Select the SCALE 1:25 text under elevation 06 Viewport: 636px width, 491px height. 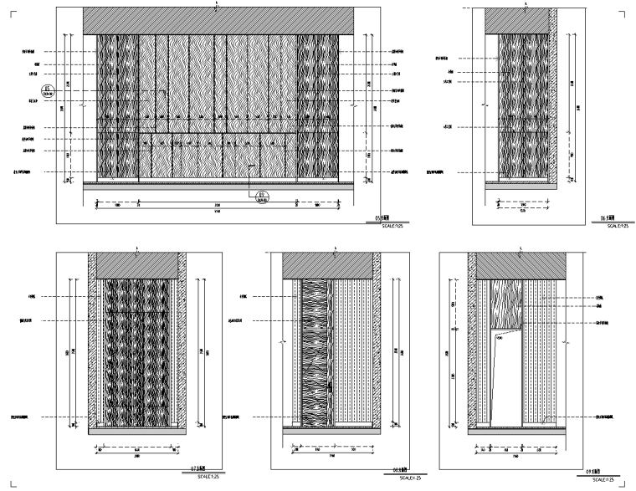tap(616, 226)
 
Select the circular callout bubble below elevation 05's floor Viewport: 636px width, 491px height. tap(261, 197)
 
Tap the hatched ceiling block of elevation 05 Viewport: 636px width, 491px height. tap(219, 22)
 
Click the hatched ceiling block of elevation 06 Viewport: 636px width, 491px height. tap(521, 22)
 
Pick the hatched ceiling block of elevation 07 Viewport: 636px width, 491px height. tap(138, 265)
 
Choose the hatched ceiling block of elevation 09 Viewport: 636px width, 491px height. tap(522, 265)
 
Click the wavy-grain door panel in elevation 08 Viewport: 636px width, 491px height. tap(315, 351)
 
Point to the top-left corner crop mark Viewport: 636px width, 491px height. tap(14, 14)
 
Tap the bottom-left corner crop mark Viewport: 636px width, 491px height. tap(14, 483)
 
